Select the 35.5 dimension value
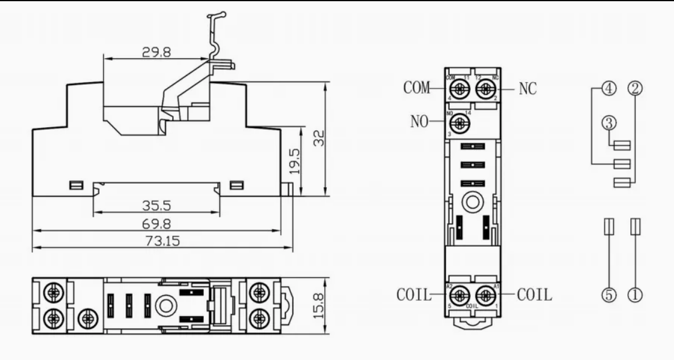[x=156, y=206]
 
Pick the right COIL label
[x=535, y=296]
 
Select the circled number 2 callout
[x=634, y=89]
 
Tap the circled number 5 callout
[x=609, y=295]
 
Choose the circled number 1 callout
[x=634, y=295]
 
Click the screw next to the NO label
[x=459, y=123]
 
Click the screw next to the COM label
[x=459, y=89]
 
